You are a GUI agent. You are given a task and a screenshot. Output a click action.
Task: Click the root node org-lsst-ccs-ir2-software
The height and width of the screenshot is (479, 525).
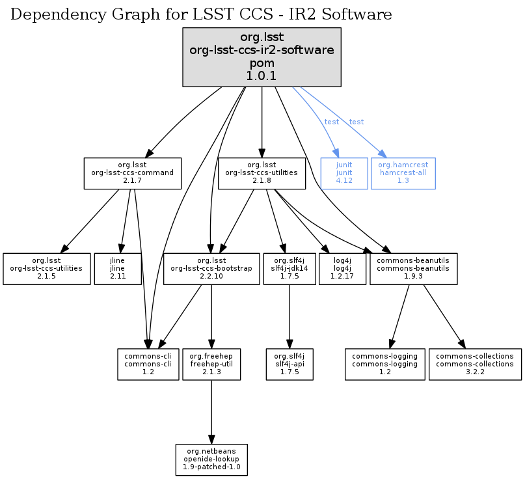(262, 57)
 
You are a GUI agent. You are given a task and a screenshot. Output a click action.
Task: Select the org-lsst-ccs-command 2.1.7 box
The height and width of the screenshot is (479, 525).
(132, 173)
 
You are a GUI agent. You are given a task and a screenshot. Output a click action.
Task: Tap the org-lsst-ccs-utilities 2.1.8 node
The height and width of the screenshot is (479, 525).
(262, 173)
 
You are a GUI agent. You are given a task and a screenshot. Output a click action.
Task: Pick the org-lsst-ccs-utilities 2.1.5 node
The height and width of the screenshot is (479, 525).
(47, 268)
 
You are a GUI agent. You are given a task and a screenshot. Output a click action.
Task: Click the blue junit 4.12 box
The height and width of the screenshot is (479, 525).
(344, 173)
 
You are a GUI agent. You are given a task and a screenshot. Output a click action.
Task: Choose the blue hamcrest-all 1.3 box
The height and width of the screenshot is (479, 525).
(403, 173)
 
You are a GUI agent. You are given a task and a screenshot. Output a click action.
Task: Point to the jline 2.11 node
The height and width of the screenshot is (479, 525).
(118, 268)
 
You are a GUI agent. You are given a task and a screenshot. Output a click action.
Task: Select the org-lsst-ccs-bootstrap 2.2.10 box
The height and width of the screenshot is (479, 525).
(211, 268)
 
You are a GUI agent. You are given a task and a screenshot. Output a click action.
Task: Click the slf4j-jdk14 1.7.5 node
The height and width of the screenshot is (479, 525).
(289, 268)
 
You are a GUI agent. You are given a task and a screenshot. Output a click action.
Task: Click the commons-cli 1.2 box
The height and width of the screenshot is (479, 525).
(148, 364)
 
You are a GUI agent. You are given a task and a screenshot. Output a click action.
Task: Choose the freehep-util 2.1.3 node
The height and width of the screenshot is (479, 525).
(211, 364)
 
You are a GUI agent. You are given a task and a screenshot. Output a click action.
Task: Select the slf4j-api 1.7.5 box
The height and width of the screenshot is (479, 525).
(289, 364)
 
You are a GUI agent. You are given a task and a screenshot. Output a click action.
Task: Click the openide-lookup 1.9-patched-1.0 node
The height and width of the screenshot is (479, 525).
(211, 459)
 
